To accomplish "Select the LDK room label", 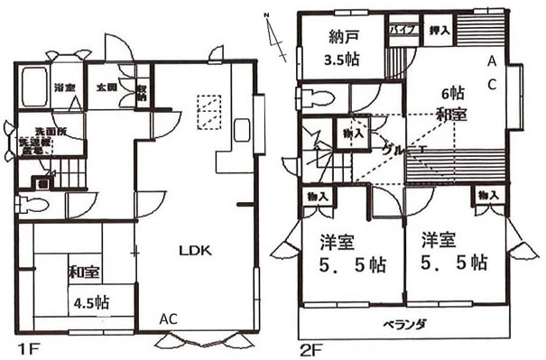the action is coord(193,252).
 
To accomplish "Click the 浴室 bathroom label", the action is coord(63,88).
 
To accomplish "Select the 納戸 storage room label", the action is coord(339,39).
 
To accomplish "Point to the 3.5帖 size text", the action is coord(340,62).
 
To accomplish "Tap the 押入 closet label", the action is coord(439,30).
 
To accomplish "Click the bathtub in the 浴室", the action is coord(34,88).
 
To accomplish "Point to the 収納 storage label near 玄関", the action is coord(142,90).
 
